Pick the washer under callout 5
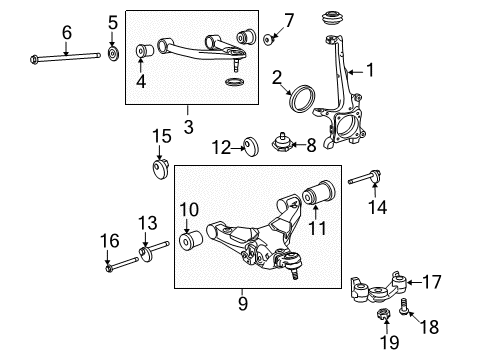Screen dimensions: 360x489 click(113, 52)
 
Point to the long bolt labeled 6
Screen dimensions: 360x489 click(66, 56)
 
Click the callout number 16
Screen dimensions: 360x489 click(112, 241)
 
